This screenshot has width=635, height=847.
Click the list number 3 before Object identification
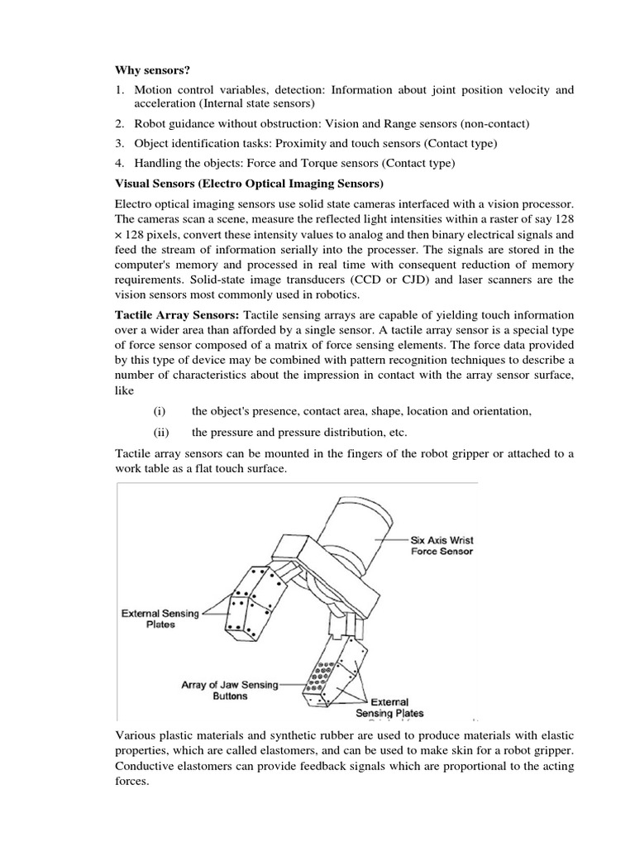point(119,143)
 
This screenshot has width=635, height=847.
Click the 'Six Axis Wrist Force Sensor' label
point(442,546)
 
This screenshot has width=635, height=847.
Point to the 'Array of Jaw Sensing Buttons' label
point(230,691)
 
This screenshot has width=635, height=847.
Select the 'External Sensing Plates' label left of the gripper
point(160,619)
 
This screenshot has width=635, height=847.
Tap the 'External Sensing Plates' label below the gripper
point(389,707)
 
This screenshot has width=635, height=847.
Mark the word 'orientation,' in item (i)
point(499,411)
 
